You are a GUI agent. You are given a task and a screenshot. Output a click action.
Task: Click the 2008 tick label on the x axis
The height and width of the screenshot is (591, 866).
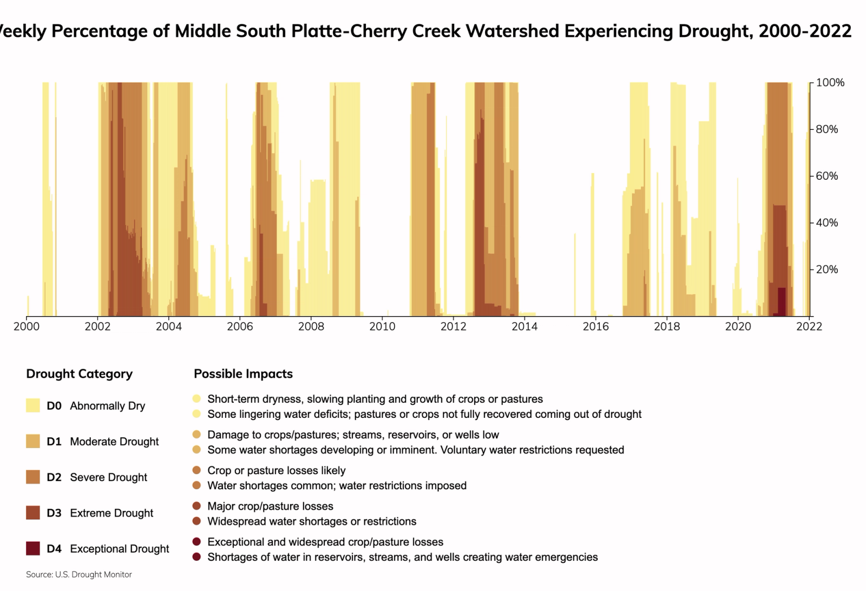(311, 326)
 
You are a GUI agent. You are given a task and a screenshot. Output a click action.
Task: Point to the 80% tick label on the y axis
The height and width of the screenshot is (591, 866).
(826, 129)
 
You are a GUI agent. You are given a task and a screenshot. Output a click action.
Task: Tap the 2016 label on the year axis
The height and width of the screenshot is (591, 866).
(595, 326)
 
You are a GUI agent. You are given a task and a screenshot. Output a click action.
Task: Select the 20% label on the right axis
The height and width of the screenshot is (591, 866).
(826, 270)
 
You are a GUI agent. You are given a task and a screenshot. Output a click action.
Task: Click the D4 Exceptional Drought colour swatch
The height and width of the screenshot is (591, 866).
(33, 548)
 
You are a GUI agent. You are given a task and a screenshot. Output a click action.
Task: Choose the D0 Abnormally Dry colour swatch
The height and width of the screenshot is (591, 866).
(33, 405)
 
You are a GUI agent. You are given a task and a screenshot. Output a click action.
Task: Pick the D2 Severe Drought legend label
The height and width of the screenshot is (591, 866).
(97, 477)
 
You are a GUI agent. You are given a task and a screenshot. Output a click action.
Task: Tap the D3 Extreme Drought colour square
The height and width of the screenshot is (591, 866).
(33, 513)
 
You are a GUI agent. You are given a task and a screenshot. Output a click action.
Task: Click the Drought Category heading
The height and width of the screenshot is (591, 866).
(79, 374)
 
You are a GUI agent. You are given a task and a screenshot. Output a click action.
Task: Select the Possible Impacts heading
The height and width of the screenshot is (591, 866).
(243, 374)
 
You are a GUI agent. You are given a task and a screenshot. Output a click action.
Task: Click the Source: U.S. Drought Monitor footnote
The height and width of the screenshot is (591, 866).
(79, 575)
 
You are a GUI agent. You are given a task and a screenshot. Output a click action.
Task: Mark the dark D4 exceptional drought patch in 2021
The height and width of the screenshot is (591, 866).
(782, 301)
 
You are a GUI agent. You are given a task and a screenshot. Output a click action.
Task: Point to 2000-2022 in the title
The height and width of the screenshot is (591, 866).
(805, 31)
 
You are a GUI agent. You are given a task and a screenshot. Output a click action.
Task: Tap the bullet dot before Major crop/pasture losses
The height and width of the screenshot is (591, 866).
(196, 506)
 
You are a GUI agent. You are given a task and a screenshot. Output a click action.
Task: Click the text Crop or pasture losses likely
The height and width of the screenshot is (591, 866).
(276, 471)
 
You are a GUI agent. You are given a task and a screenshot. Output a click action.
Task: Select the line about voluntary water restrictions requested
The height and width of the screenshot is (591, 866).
(416, 450)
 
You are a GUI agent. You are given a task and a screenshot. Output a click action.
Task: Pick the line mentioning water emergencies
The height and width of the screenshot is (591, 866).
(403, 557)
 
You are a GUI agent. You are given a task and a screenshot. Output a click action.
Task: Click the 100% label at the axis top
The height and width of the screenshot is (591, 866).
(830, 83)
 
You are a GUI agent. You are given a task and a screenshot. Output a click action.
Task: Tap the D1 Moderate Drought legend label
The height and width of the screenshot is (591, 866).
(103, 442)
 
